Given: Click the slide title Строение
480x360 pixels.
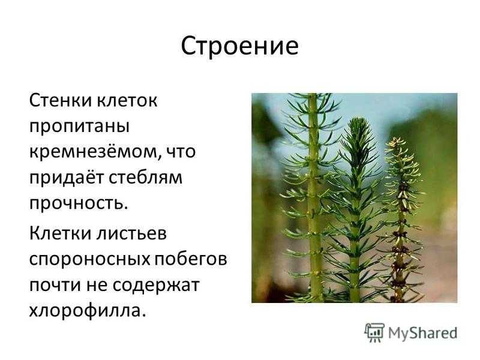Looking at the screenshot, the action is (x=239, y=46).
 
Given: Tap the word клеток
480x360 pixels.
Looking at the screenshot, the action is (x=127, y=100).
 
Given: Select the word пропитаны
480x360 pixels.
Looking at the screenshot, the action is (x=79, y=127).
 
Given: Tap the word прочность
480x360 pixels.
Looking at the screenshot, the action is (x=79, y=203).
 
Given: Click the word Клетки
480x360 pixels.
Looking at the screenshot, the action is (x=60, y=233).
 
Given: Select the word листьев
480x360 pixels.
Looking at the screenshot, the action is (x=131, y=233).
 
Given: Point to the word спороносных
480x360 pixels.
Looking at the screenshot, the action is (x=89, y=260).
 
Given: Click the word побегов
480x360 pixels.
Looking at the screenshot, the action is (x=190, y=259).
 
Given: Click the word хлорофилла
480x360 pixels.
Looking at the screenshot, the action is (x=87, y=311).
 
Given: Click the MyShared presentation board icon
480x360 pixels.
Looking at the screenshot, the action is (x=374, y=332).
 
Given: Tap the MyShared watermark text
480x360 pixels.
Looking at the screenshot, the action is (x=423, y=333).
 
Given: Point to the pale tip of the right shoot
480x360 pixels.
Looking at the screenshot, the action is (x=396, y=142).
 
